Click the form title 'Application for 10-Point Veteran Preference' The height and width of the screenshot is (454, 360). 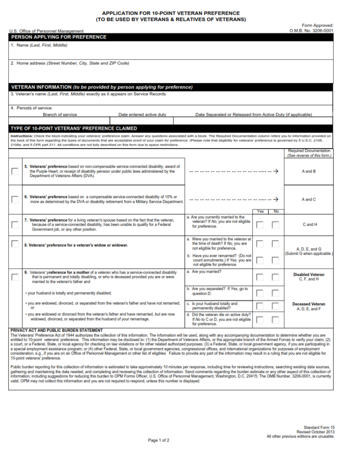tap(171, 13)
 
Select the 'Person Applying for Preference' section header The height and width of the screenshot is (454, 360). tap(59, 37)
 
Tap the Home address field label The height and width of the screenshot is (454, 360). tap(70, 63)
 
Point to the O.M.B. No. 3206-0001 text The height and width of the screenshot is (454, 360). tap(311, 31)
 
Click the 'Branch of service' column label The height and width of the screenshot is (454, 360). tap(60, 114)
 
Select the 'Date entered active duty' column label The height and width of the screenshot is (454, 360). tap(142, 114)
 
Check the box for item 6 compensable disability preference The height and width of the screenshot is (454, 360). tap(15, 199)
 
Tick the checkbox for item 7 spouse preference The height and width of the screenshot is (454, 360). tap(15, 224)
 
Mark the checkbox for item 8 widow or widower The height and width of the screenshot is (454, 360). tap(15, 244)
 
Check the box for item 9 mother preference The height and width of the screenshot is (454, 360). tap(15, 277)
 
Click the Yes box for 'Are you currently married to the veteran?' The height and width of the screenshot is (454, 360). tap(260, 225)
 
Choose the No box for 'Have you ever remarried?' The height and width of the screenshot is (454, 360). tap(276, 260)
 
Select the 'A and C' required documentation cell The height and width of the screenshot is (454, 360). tap(308, 200)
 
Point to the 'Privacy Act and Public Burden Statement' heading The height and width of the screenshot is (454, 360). tap(56, 330)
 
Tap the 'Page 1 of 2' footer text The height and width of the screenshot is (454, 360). tap(158, 440)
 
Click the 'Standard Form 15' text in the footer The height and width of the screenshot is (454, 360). tap(319, 428)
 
